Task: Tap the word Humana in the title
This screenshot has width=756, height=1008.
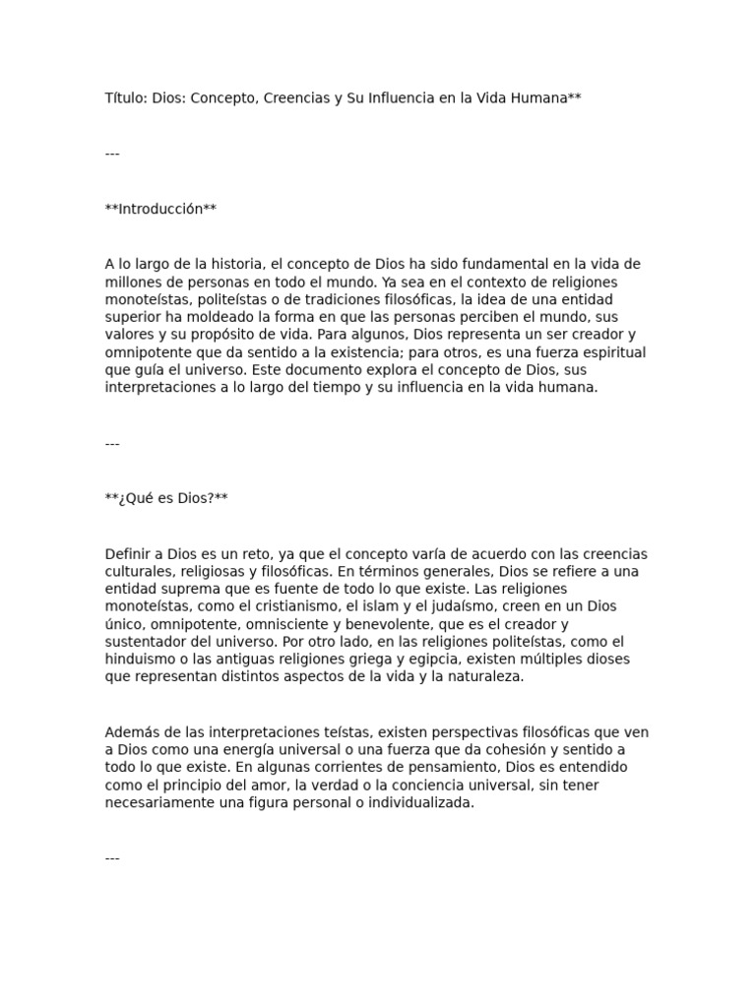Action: click(537, 98)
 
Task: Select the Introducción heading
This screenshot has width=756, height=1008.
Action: click(160, 209)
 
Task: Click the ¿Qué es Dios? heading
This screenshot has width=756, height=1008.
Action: click(166, 498)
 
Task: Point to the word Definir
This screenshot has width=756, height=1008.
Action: click(128, 553)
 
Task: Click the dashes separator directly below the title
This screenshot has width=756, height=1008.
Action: click(112, 154)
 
